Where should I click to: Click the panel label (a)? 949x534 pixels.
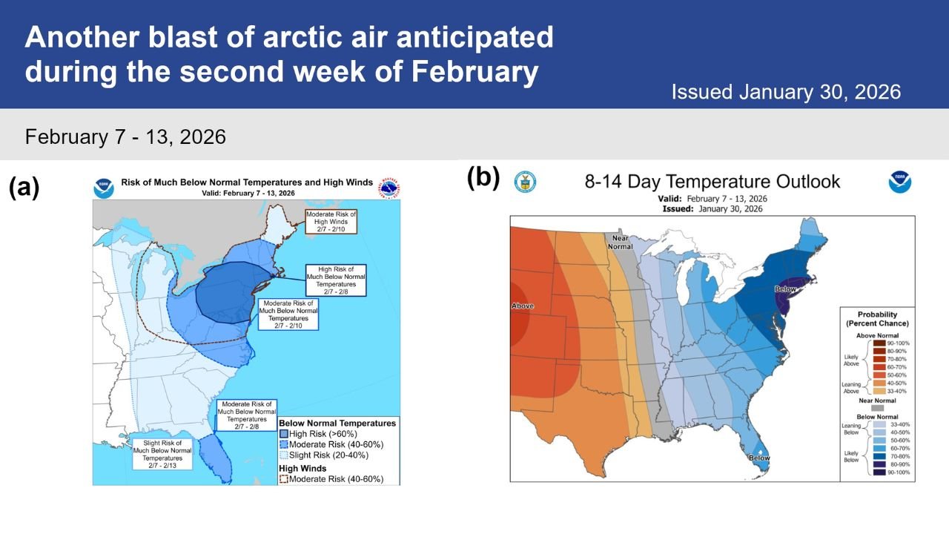coord(24,188)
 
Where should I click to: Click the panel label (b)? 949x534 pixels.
coord(483,178)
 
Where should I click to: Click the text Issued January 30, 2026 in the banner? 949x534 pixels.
coord(786,93)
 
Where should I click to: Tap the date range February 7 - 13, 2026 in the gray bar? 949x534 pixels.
coord(125,137)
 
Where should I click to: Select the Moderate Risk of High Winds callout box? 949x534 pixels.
coord(331,220)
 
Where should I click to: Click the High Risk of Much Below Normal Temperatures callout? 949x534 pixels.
coord(335,279)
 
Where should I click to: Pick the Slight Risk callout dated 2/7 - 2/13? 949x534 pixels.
coord(162,454)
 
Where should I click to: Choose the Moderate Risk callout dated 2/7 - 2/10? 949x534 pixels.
coord(288,314)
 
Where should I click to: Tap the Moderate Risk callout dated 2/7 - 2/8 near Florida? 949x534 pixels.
coord(246,416)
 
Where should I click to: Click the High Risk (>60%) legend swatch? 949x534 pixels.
coord(284,434)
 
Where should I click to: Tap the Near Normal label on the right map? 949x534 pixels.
coord(620,242)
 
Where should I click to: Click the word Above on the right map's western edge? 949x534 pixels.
coord(523,306)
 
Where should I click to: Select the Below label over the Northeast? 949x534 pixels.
coord(785,289)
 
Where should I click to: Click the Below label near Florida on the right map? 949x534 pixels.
coord(758,458)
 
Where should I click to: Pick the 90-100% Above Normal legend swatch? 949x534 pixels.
coord(879,343)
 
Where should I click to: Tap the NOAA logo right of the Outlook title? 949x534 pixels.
coord(900,182)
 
